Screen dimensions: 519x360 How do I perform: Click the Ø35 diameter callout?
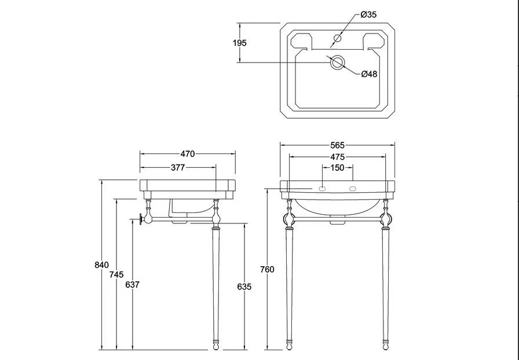[368, 14]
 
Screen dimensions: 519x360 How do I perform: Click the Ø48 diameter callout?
[369, 74]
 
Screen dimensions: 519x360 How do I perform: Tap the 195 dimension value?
[240, 43]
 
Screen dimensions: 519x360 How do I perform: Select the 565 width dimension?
[337, 145]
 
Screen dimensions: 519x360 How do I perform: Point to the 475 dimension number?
[337, 157]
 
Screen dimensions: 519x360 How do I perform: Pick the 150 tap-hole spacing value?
[337, 168]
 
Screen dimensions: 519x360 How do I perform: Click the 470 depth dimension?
[188, 154]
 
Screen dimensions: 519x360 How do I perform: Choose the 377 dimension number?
[178, 167]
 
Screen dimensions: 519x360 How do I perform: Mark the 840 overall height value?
[101, 265]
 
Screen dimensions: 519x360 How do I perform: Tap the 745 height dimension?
[116, 275]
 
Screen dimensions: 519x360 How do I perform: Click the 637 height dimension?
[133, 285]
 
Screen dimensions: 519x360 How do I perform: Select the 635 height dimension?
[244, 286]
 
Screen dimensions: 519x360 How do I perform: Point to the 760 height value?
[267, 269]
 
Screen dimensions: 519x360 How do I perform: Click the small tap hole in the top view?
[337, 38]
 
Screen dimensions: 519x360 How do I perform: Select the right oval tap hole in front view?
[353, 189]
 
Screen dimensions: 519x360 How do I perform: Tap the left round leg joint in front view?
[289, 219]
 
